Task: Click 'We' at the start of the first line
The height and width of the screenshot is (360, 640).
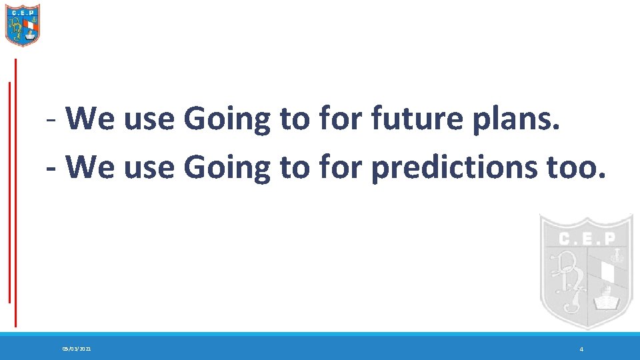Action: tap(88, 120)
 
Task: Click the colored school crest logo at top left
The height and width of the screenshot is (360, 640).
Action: tap(23, 25)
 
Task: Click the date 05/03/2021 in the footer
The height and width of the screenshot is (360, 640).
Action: tap(77, 349)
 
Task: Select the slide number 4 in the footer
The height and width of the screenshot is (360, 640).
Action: tap(581, 349)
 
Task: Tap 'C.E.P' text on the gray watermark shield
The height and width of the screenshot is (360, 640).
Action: tap(585, 238)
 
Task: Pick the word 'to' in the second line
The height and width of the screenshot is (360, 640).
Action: tap(293, 168)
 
